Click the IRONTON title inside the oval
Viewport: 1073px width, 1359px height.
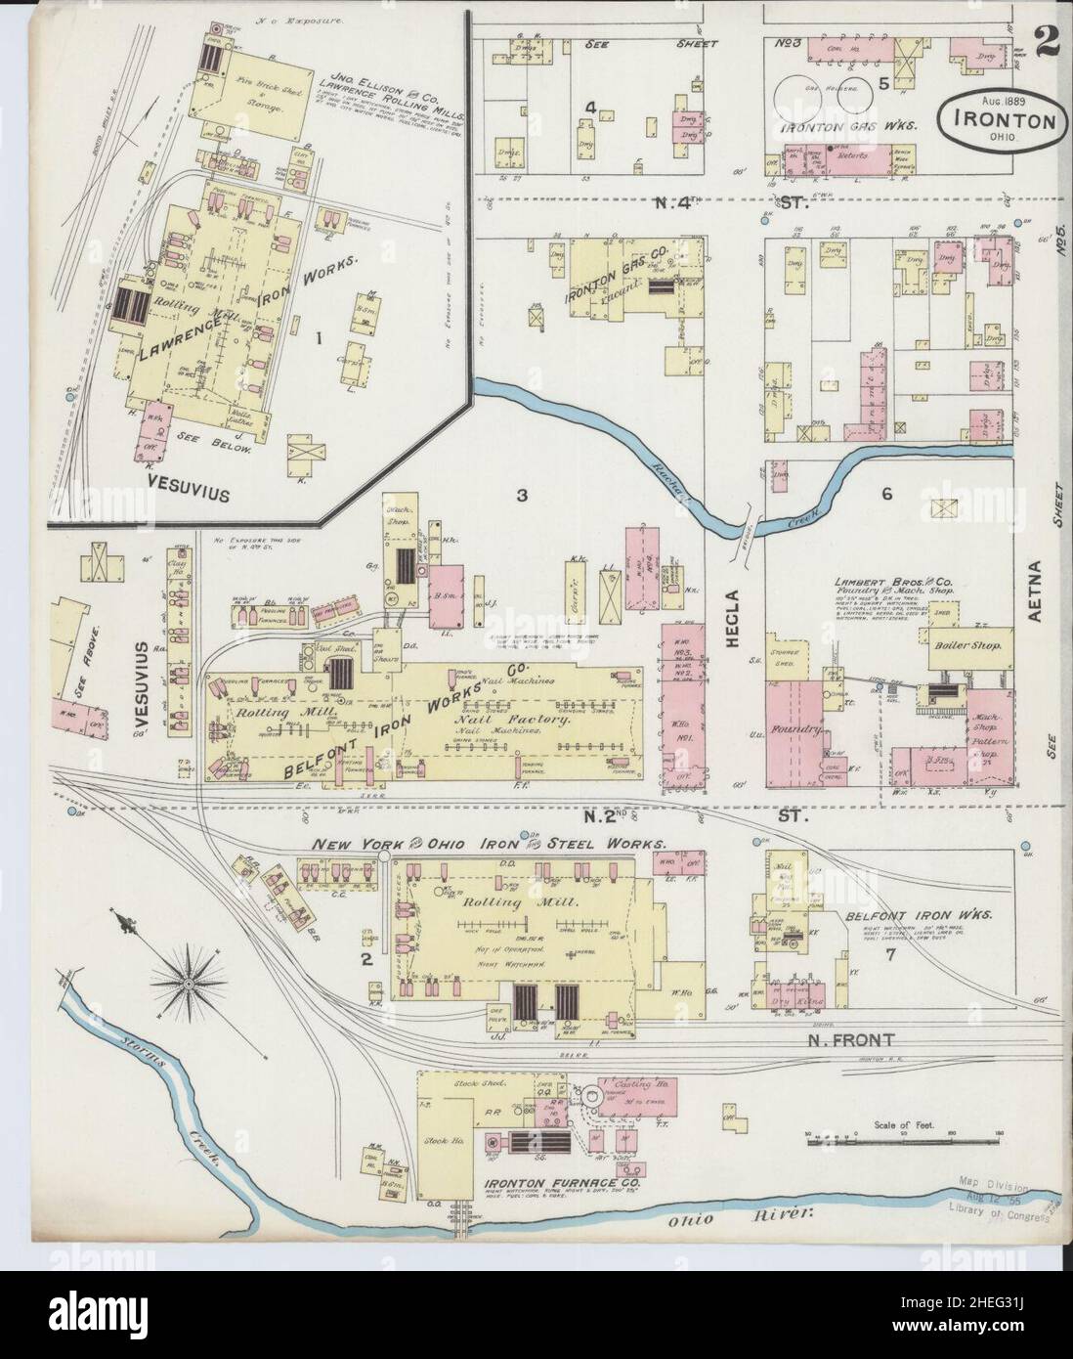pos(1000,122)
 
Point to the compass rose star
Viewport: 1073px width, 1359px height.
pos(184,982)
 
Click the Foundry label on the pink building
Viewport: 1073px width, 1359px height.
pos(794,730)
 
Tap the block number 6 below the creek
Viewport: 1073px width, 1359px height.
pos(887,494)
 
